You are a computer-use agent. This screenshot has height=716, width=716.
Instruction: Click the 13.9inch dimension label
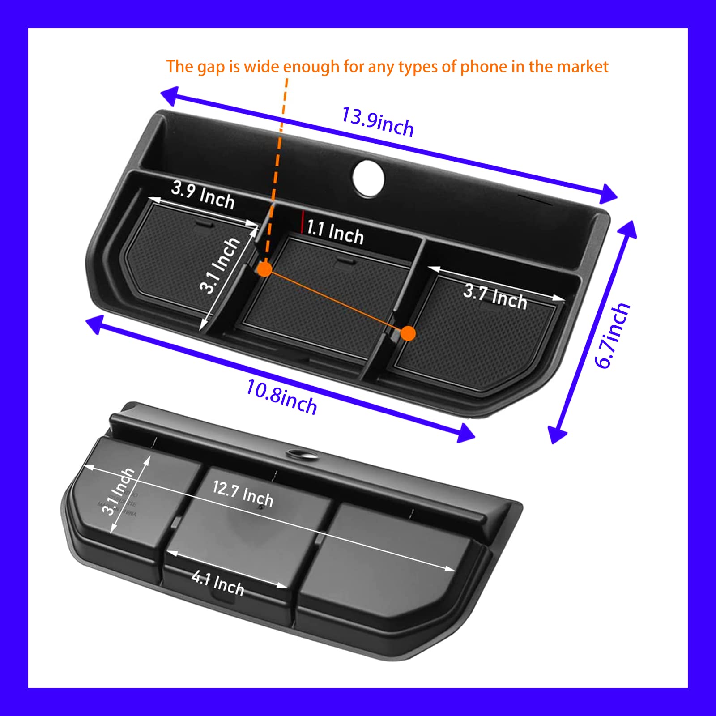click(377, 121)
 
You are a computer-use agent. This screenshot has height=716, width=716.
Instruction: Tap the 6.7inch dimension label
click(612, 336)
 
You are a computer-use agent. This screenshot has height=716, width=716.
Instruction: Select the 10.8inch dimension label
click(281, 396)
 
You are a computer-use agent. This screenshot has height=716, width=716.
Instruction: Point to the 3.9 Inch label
click(203, 195)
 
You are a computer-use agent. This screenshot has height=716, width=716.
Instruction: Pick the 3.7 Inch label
click(495, 296)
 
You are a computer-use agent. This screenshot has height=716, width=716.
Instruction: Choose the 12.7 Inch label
click(243, 493)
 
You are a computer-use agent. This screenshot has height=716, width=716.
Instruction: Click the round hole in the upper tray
click(368, 178)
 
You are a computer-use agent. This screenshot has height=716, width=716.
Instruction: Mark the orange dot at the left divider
click(265, 269)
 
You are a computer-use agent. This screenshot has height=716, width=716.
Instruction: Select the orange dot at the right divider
click(408, 333)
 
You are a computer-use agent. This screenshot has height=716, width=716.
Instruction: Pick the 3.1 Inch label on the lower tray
click(118, 491)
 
